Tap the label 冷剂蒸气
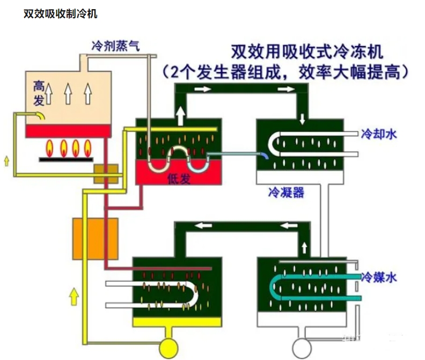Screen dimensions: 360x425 [x=115, y=46]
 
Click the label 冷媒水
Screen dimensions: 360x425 [x=379, y=277]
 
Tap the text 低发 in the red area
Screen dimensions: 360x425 [x=179, y=179]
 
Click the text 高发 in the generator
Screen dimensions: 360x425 [x=39, y=92]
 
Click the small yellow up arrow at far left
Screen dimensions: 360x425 [x=6, y=159]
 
